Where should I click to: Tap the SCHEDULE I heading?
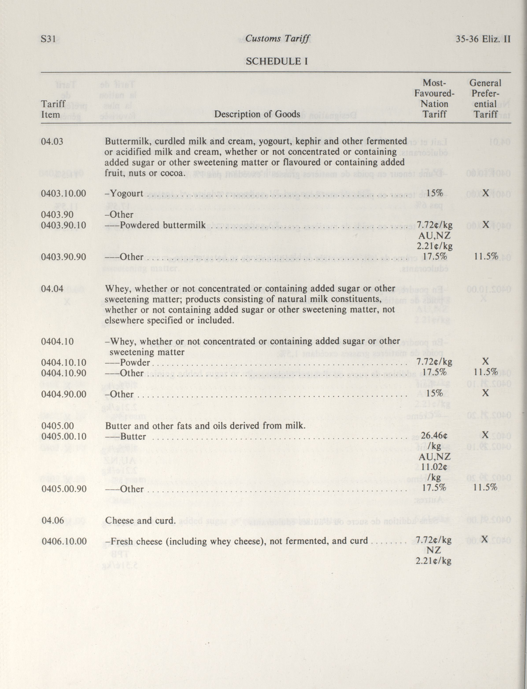coord(276,61)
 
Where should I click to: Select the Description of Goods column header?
coord(257,114)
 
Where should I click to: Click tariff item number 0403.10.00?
coord(63,193)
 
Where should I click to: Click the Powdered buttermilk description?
coord(163,225)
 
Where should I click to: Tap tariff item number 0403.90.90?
coord(63,257)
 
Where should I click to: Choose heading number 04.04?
coord(52,288)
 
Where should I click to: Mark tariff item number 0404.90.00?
coord(63,394)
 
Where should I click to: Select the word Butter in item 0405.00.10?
coord(133,436)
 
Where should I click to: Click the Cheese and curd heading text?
coord(140,520)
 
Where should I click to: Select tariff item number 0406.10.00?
coord(64,541)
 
